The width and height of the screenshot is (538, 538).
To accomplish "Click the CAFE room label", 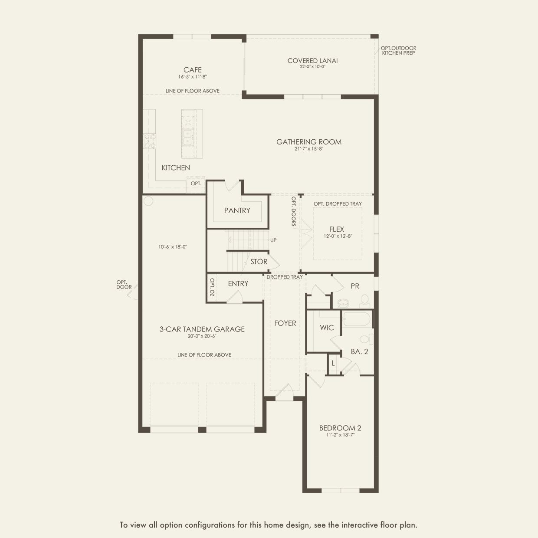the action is [192, 70].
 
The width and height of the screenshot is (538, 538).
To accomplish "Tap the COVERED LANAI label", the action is [312, 61].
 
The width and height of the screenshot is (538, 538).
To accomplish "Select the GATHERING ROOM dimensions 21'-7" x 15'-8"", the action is [309, 149].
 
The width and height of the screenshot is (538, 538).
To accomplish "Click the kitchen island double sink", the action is [187, 138].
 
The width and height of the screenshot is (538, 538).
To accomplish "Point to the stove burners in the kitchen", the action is [150, 141].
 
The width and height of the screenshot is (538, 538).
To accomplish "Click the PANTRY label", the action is [237, 210].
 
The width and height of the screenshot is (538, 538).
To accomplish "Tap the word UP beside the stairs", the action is [273, 240].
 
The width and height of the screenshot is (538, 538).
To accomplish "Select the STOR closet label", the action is [259, 262].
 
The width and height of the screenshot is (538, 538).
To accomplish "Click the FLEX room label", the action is [336, 229].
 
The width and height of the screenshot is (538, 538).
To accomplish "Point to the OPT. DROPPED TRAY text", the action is [338, 204].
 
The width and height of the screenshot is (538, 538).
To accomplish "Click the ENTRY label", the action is [238, 284].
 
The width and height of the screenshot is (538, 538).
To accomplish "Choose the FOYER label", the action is [285, 323].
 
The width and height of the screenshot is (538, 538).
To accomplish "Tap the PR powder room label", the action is [355, 286].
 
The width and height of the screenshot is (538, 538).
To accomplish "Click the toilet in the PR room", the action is [364, 301].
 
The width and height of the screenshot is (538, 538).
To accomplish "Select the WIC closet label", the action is [327, 328].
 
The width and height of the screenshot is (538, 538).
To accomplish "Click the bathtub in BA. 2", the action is [357, 319].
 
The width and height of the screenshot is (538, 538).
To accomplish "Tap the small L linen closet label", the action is [333, 364].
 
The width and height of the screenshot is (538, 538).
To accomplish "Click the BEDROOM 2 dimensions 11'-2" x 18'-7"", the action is [340, 435].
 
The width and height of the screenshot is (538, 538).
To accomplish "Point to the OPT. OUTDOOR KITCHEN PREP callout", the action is [398, 50].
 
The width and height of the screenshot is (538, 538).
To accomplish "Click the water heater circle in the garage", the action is [148, 201].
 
